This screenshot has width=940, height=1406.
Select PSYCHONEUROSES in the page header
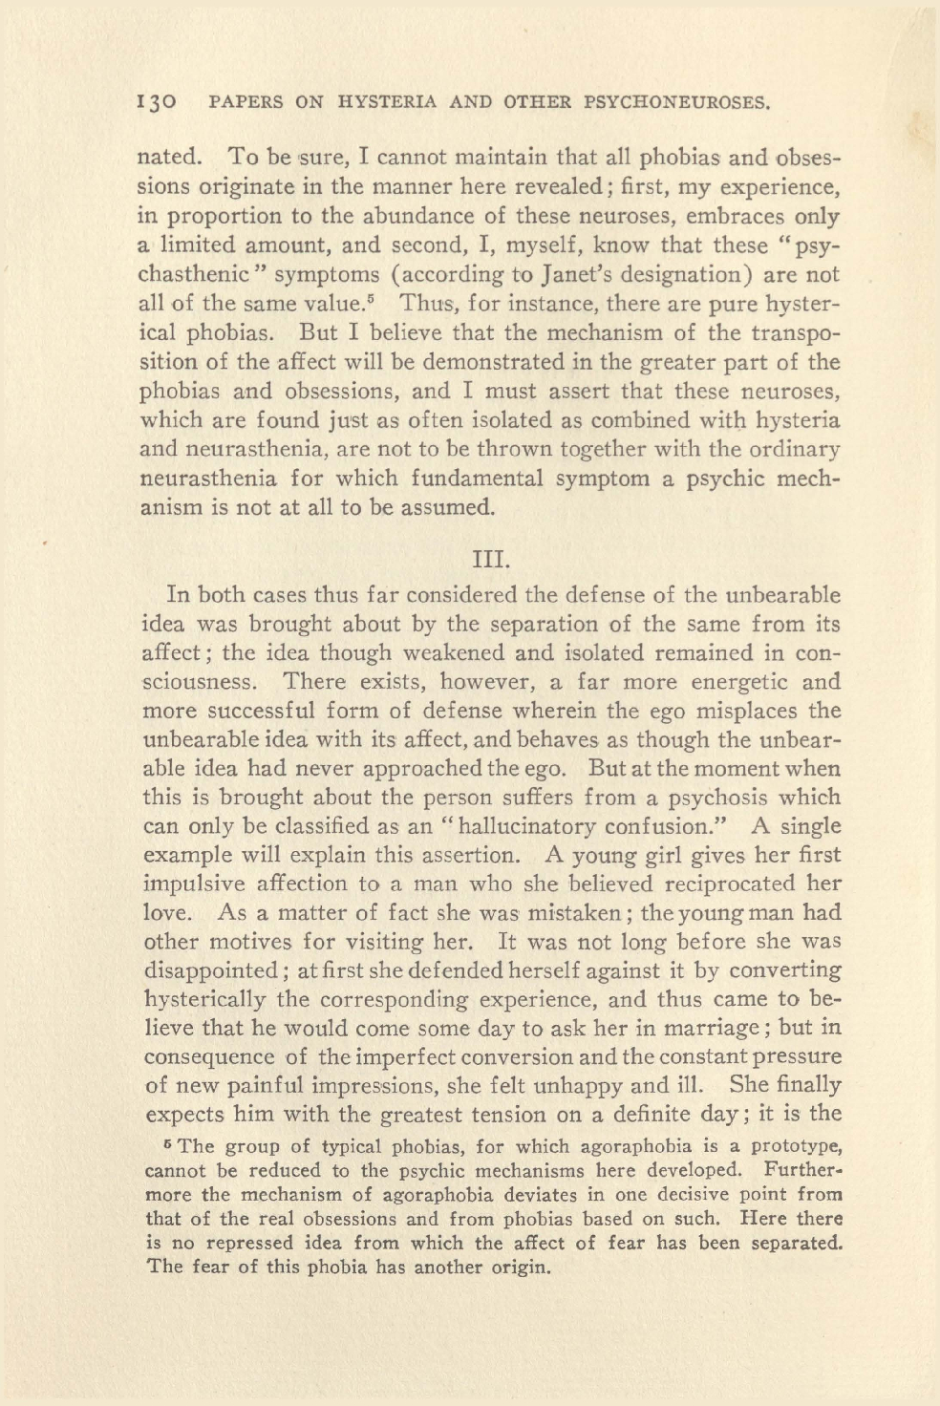[x=673, y=102]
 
